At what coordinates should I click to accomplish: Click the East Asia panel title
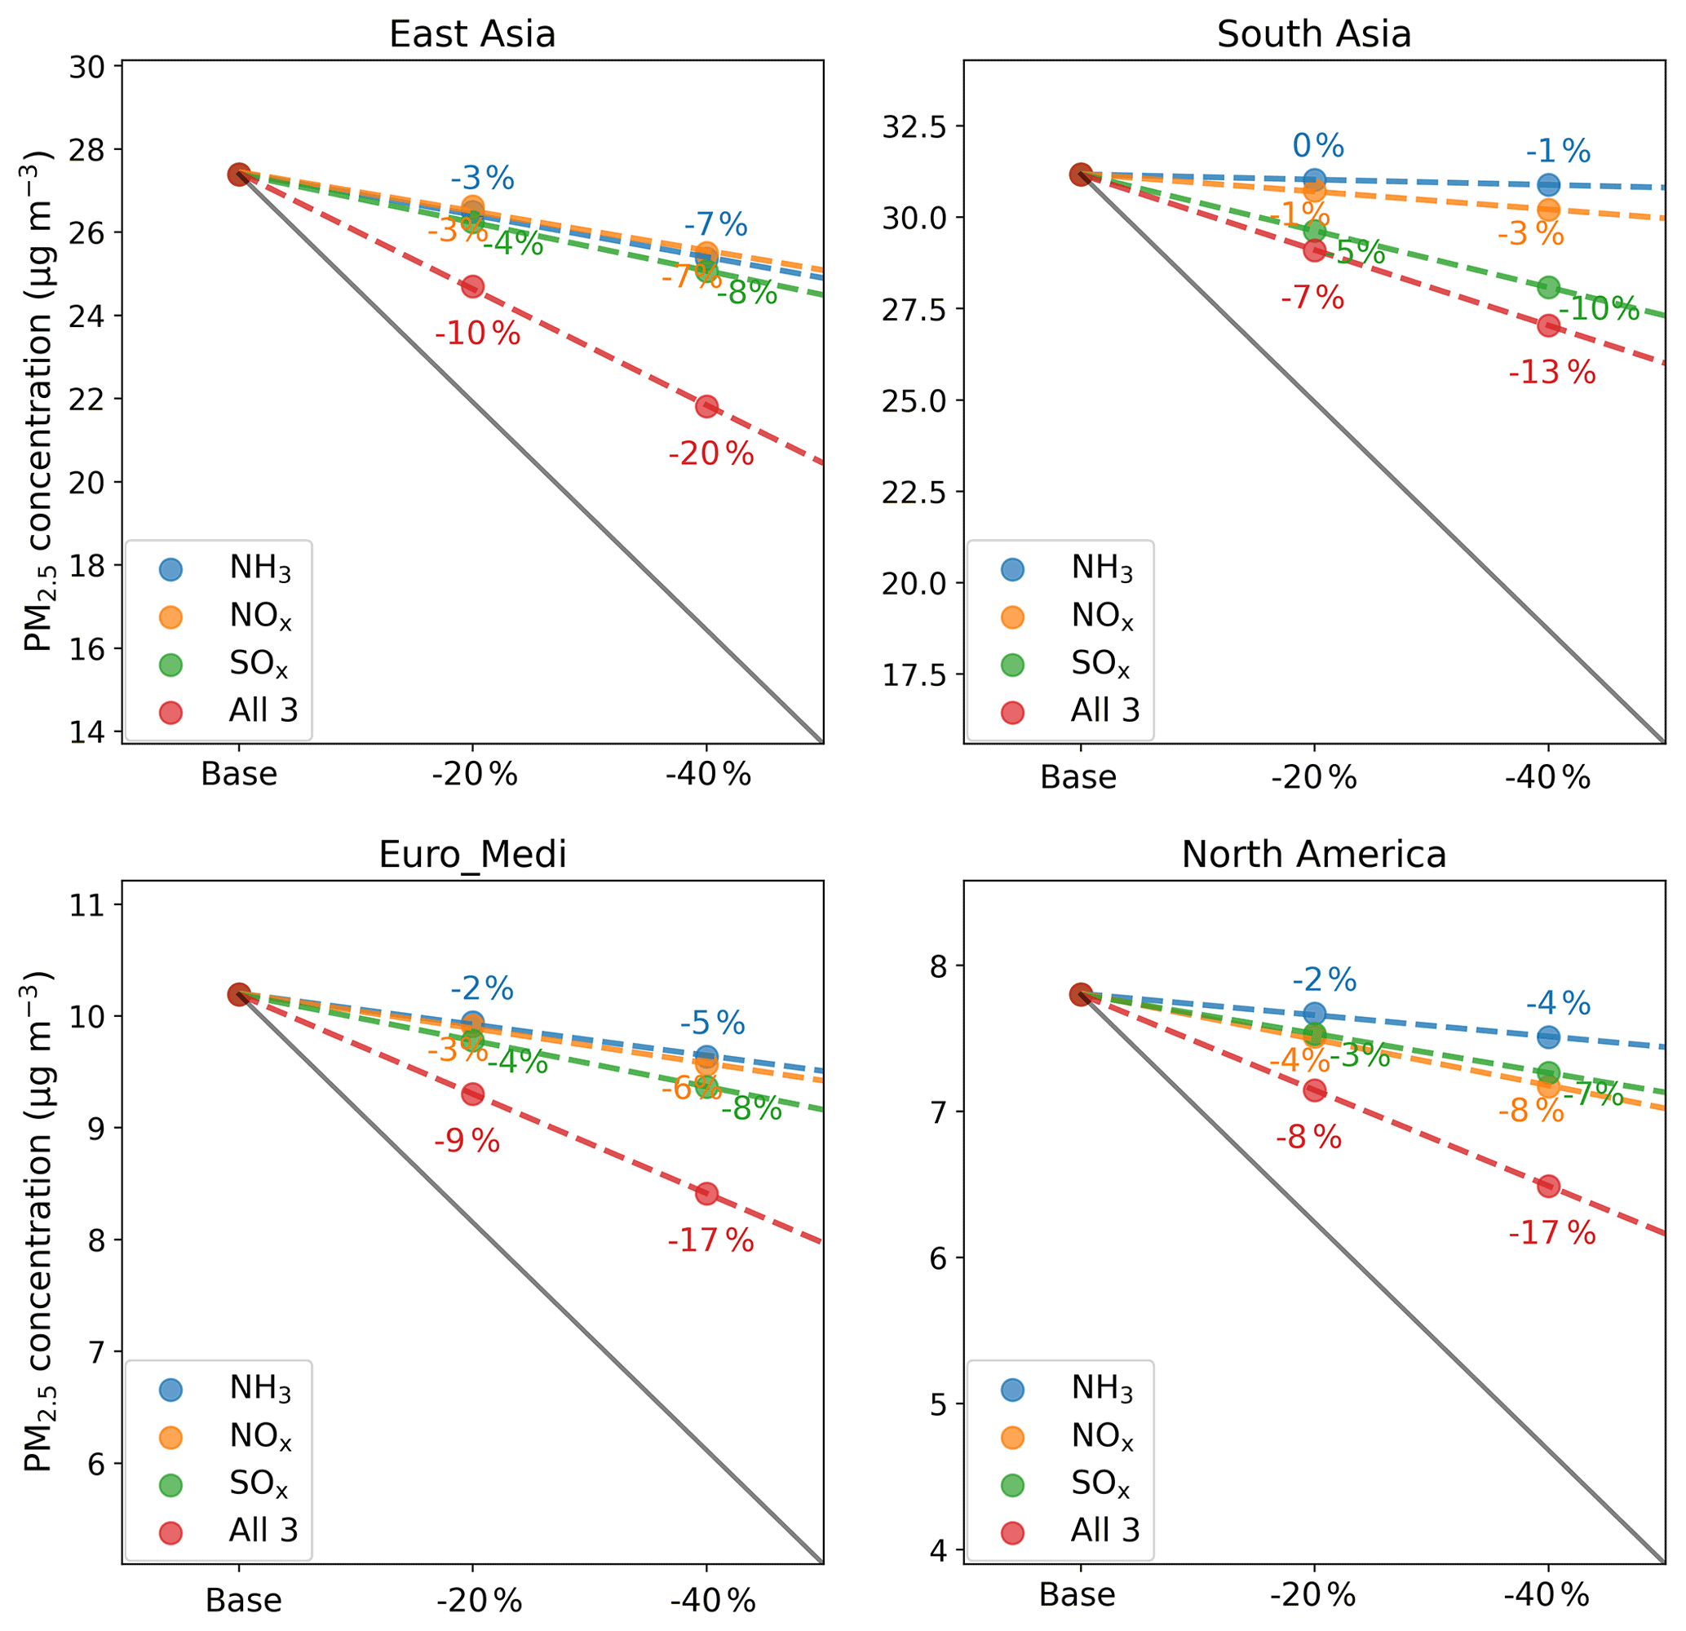coord(472,34)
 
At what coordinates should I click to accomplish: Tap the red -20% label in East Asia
coord(710,453)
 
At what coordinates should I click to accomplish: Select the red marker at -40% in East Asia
coord(706,406)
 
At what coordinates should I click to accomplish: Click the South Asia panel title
coord(1313,34)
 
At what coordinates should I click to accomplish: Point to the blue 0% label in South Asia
coord(1318,145)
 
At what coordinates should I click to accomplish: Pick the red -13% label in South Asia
coord(1551,373)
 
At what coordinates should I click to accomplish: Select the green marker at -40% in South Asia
coord(1548,287)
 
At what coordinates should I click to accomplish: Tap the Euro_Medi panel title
coord(472,854)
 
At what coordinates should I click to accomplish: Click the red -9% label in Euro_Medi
coord(467,1142)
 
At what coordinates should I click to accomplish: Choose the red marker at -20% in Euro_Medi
coord(472,1094)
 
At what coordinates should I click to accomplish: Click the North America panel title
coord(1313,854)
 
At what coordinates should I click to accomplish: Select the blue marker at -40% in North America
coord(1548,1037)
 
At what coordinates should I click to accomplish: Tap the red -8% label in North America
coord(1308,1138)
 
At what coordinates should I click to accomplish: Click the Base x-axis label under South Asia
coord(1078,777)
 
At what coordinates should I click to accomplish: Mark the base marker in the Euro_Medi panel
coord(239,994)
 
